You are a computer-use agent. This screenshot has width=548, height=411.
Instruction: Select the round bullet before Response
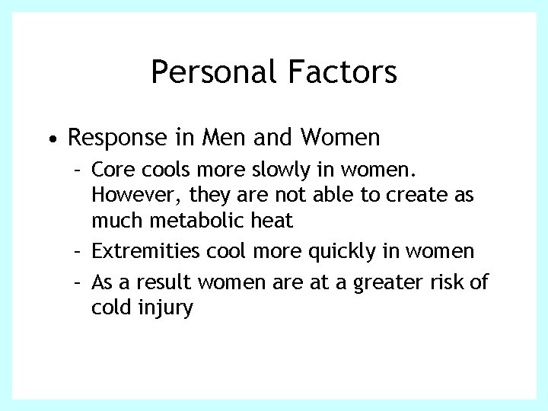tap(49, 139)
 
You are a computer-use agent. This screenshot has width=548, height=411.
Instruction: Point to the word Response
tap(117, 138)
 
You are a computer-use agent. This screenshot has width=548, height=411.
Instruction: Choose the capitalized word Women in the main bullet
tap(342, 138)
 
